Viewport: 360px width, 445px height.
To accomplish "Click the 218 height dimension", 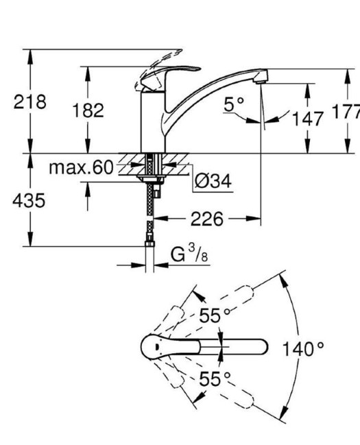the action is [x=29, y=102].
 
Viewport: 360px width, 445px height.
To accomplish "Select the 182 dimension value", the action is [x=88, y=110].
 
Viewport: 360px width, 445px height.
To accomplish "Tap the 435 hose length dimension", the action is [x=29, y=201].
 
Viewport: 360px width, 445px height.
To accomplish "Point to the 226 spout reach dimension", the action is [x=207, y=219].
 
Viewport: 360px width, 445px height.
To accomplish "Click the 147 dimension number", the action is [x=307, y=119].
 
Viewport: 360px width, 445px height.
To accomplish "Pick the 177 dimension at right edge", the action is [x=346, y=112].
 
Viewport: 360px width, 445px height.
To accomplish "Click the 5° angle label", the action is [x=234, y=104].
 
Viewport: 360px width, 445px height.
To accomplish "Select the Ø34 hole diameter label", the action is [x=213, y=181].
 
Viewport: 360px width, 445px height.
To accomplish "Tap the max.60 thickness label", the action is [x=81, y=167].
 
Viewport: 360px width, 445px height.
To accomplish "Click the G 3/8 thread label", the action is [x=189, y=254].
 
